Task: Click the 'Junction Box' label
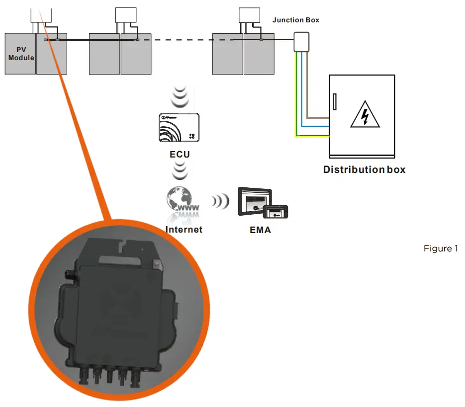click(x=296, y=20)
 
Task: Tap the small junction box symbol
click(x=301, y=41)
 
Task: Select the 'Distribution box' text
click(x=364, y=169)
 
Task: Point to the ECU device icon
click(x=180, y=128)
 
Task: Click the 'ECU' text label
click(x=180, y=154)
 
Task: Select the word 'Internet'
click(x=184, y=230)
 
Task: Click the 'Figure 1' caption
click(x=441, y=248)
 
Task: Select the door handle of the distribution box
click(x=335, y=101)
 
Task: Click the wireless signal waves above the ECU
click(x=179, y=97)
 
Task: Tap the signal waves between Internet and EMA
click(x=219, y=201)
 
